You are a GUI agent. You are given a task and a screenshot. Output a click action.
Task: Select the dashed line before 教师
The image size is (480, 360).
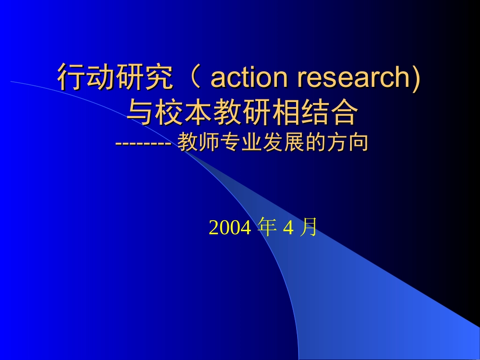145,143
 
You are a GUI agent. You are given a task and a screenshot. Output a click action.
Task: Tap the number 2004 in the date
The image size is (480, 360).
230,228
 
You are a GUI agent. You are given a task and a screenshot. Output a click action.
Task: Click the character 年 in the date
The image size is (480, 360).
266,228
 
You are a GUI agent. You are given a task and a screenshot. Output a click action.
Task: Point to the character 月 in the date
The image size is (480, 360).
308,228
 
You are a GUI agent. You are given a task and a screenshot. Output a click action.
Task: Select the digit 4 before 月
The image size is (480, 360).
288,228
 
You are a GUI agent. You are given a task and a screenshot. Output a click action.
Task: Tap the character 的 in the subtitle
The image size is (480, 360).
322,143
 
